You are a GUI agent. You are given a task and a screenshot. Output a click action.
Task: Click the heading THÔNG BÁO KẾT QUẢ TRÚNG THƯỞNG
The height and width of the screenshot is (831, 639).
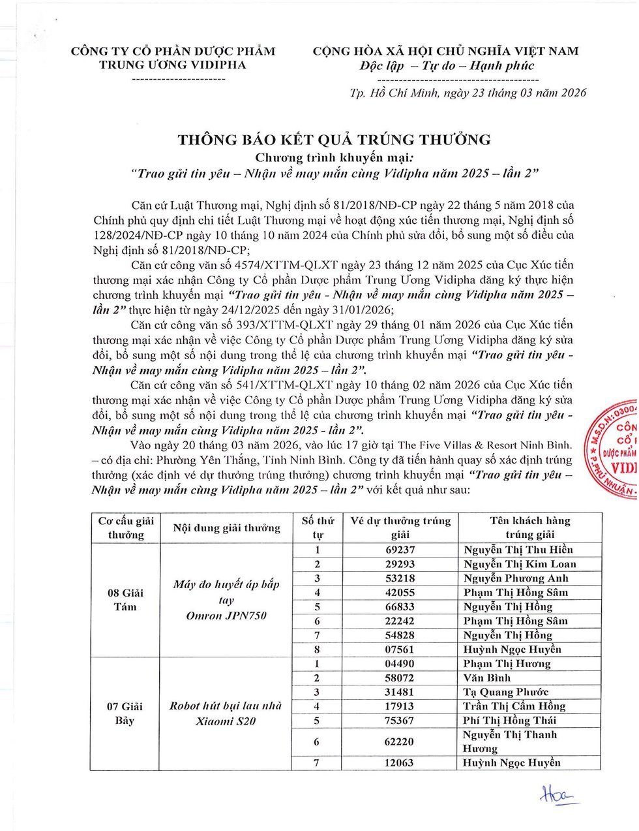coord(334,139)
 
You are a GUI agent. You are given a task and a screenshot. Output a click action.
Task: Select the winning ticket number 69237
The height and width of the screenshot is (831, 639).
coord(400,550)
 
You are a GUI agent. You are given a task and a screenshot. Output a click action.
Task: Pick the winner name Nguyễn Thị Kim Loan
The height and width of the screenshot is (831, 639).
coord(520,564)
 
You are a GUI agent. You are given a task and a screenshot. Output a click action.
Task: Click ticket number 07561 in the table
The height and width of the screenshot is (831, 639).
coord(400,650)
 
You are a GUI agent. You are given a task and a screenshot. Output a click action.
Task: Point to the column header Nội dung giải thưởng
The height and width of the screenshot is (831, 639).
coord(227,528)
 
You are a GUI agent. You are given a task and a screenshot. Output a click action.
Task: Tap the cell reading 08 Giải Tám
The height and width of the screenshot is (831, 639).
coord(125,599)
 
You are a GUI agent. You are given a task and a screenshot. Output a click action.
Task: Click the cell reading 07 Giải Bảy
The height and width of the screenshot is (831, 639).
coord(125,713)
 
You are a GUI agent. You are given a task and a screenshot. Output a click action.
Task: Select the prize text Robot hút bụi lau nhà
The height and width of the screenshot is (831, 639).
coord(226,706)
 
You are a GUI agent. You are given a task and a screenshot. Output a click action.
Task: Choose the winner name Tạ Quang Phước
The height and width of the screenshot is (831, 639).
coord(506,692)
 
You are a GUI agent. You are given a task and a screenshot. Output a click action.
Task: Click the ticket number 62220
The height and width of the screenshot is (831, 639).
coord(400,742)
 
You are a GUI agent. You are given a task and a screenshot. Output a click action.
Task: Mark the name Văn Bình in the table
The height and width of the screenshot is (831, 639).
coord(487,678)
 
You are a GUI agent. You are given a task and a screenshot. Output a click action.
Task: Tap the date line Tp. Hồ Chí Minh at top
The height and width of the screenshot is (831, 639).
coord(468,93)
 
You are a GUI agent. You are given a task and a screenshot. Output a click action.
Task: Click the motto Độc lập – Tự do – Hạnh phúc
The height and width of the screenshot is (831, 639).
coord(447,66)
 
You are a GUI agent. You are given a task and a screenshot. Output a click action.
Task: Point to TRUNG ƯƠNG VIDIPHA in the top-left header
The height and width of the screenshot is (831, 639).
coord(173,65)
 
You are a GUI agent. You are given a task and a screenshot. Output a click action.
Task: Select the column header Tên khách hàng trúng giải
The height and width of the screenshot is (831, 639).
coord(529,527)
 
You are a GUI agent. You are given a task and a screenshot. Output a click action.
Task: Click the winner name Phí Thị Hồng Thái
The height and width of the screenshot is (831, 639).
coord(510,720)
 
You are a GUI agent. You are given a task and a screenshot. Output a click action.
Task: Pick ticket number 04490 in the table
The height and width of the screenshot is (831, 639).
coord(400,664)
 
